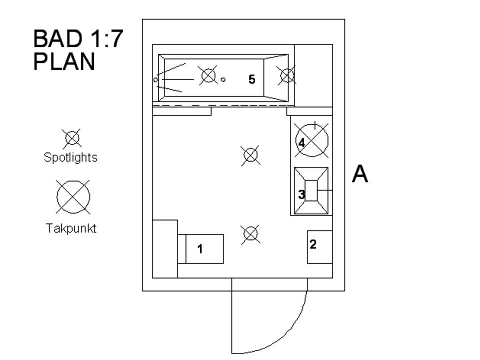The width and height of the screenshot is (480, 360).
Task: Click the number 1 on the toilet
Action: click(200, 249)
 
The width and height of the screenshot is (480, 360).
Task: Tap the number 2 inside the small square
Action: click(313, 244)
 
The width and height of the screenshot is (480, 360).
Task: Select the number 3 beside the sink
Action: click(301, 194)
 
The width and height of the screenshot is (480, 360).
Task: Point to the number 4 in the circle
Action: click(302, 143)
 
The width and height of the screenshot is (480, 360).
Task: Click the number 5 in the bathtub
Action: click(252, 79)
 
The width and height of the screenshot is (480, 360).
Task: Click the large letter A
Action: click(360, 174)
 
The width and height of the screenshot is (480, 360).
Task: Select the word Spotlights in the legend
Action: click(70, 158)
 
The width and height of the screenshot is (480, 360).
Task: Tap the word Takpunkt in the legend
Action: click(71, 229)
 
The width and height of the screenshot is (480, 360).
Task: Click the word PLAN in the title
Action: click(64, 62)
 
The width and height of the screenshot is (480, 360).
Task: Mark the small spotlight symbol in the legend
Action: click(72, 138)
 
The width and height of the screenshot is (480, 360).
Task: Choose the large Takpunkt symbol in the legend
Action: click(73, 197)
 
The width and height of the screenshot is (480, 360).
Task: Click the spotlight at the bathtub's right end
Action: click(287, 76)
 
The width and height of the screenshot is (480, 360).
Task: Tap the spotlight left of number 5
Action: click(208, 76)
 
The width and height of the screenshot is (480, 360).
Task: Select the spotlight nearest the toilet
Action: click(250, 234)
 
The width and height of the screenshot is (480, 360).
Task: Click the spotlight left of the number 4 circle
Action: click(251, 155)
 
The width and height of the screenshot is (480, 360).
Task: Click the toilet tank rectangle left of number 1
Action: click(182, 249)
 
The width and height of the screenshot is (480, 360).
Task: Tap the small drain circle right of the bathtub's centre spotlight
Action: click(223, 79)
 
